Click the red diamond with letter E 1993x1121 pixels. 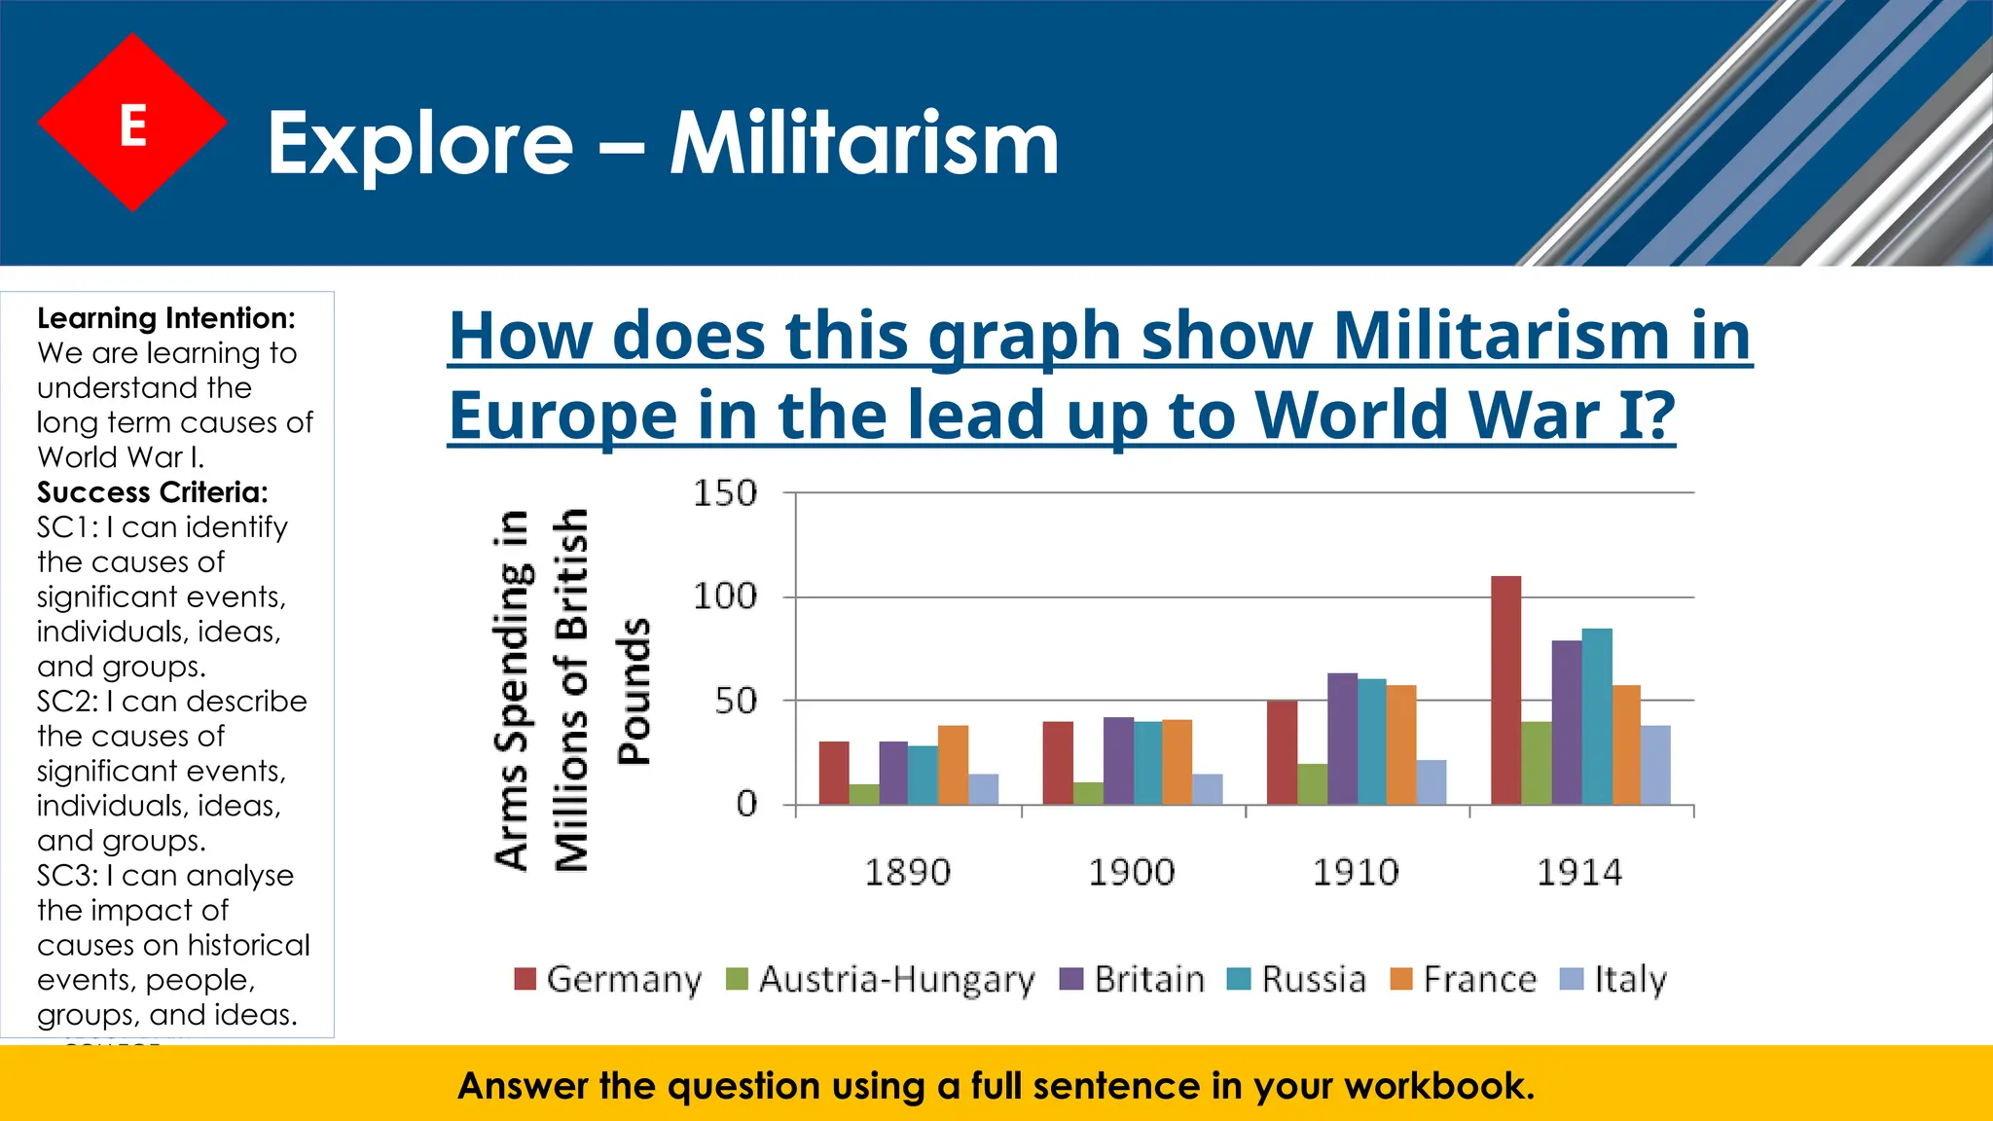coord(132,123)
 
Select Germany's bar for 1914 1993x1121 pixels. coord(1505,690)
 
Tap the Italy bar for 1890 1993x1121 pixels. coord(983,789)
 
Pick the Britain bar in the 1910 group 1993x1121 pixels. coord(1342,739)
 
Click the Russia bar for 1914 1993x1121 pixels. coord(1596,716)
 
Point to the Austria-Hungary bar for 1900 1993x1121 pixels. coord(1088,793)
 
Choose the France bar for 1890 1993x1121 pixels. coord(953,765)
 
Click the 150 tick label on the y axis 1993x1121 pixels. coord(724,493)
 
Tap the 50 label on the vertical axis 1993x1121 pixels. coord(735,701)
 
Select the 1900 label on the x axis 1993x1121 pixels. coord(1131,872)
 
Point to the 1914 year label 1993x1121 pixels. coord(1578,872)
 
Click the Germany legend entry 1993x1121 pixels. coord(608,979)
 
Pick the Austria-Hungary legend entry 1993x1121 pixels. coord(881,979)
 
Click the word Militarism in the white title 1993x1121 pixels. coord(863,144)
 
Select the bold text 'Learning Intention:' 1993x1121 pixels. coord(166,318)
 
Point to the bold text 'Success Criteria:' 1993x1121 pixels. coord(153,492)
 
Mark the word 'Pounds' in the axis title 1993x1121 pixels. coord(634,691)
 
